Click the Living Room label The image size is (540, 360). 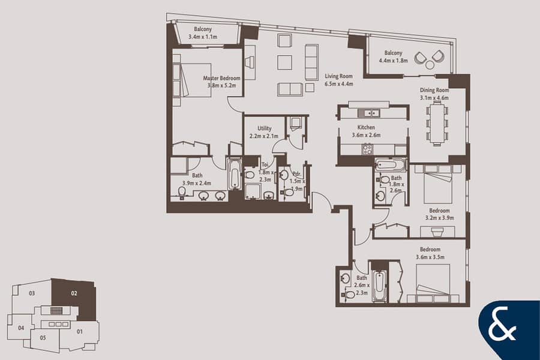tap(339, 76)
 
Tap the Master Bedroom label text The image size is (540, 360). tap(221, 78)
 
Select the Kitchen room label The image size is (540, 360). tap(366, 127)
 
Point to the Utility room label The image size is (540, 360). tap(265, 128)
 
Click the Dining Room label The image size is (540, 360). tap(434, 90)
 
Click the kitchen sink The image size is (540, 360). tap(368, 113)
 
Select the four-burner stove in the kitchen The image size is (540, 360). tap(367, 149)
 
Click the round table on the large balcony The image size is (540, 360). tap(430, 64)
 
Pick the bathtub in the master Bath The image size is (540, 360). tap(235, 173)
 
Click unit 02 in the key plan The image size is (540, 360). tap(74, 293)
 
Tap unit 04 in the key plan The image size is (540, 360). tap(22, 328)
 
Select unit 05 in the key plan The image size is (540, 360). tap(43, 338)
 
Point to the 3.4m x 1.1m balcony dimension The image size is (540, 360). tap(203, 37)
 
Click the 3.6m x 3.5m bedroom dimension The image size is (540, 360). tap(430, 257)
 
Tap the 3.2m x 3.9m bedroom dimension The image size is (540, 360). tap(439, 218)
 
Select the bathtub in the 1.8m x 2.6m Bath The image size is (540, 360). tap(391, 165)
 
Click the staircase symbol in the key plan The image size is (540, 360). tap(56, 311)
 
